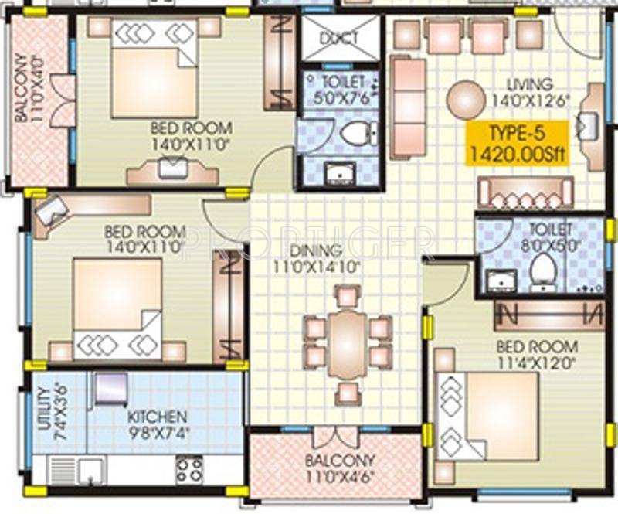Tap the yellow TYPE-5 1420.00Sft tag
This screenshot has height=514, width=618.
tap(516, 143)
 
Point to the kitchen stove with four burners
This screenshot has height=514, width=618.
tap(189, 468)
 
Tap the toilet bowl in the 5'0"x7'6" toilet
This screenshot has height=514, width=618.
tap(356, 134)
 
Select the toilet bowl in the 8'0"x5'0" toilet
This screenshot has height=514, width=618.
tap(543, 271)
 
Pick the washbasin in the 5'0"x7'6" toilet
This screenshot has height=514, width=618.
tap(338, 173)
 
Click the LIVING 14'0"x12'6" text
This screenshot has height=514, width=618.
tap(529, 91)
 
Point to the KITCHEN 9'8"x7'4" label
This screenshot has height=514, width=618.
tap(158, 422)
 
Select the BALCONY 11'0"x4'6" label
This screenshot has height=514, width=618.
tap(340, 467)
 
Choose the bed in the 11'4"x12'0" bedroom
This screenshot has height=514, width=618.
tap(487, 416)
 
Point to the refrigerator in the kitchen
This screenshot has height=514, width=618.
tap(110, 388)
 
